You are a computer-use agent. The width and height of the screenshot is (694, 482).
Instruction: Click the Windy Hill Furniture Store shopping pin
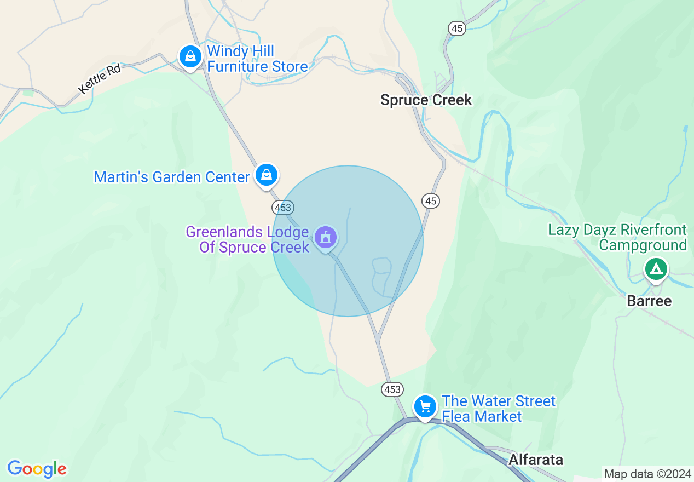[x=190, y=56]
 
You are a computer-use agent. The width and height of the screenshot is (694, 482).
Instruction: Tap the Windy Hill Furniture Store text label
[x=257, y=59]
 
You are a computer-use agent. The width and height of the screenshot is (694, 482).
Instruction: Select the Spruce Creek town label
[x=426, y=100]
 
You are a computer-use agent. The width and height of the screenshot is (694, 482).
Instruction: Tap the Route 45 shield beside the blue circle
[x=431, y=201]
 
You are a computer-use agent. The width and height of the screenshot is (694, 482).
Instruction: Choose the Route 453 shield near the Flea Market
[x=392, y=389]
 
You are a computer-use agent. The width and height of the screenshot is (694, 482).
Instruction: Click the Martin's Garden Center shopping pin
[x=267, y=175]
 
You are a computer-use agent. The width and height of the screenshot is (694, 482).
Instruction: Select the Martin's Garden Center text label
[x=172, y=177]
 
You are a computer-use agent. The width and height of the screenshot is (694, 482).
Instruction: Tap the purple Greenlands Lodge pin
[x=326, y=238]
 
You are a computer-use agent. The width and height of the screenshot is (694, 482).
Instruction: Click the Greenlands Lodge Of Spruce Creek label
[x=247, y=239]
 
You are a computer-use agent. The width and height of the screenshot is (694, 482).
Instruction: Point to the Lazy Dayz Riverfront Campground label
[x=617, y=237]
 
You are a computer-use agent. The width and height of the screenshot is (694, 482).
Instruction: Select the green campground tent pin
[x=656, y=269]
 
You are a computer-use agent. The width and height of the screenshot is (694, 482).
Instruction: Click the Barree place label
[x=649, y=301]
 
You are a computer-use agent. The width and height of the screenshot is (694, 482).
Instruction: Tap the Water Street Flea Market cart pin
[x=425, y=406]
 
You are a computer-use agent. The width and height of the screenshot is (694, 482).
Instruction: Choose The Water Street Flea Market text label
[x=498, y=409]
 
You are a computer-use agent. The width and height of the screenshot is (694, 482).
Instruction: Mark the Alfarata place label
[x=535, y=460]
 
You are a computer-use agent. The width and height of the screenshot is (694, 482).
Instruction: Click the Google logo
[x=37, y=469]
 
